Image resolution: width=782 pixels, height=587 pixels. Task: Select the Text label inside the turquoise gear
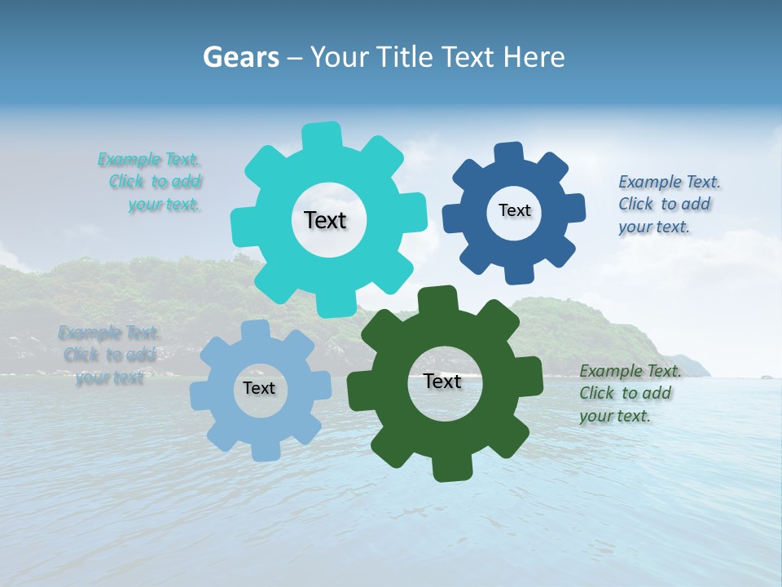click(x=325, y=220)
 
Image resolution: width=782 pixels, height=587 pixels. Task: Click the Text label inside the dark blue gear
click(x=514, y=210)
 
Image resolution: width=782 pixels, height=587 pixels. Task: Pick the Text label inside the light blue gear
click(x=259, y=388)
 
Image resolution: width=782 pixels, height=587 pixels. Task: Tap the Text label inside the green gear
click(x=442, y=381)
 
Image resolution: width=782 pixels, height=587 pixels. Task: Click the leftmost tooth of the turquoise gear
click(x=243, y=225)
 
